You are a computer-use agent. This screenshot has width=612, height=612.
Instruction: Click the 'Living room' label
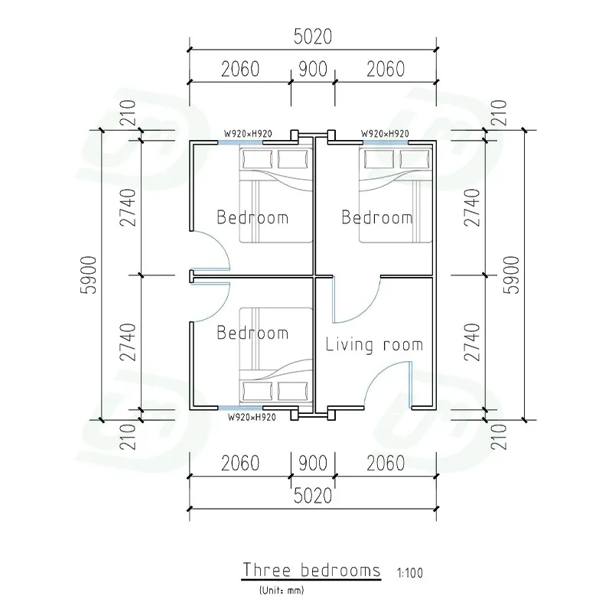tap(374, 345)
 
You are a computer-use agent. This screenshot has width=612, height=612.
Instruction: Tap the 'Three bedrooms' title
tap(311, 570)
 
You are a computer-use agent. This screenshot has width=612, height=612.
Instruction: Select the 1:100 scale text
tap(410, 573)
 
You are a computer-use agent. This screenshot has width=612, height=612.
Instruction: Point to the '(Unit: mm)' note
tap(282, 590)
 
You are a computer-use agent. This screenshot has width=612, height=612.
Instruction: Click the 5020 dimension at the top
tap(313, 37)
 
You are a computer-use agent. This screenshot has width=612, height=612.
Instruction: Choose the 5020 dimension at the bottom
tap(313, 496)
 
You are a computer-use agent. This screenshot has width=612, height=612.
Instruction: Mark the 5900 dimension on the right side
tap(512, 275)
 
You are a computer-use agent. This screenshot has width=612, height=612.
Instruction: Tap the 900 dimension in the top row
tap(313, 69)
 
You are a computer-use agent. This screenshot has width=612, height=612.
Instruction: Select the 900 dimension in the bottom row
tap(313, 464)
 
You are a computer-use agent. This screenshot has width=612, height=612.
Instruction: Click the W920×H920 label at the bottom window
tap(252, 417)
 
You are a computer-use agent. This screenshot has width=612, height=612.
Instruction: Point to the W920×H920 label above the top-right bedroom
tap(385, 133)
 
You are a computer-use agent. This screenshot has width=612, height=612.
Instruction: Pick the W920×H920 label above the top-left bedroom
tap(248, 133)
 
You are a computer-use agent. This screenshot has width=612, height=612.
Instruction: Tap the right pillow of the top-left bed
tap(293, 159)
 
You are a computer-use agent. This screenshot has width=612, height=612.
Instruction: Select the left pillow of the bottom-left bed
tap(257, 391)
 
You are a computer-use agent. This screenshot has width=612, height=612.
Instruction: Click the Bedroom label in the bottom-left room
tap(252, 333)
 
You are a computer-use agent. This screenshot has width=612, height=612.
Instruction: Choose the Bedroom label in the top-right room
tap(377, 217)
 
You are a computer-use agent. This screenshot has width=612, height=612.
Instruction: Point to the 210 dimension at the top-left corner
tap(128, 112)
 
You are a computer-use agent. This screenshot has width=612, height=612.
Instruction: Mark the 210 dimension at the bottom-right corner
tap(499, 437)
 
